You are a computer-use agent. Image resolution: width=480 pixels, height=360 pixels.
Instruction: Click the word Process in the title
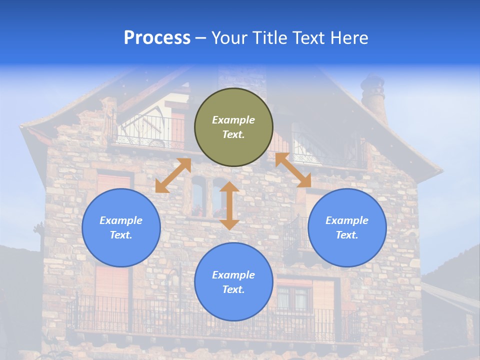click(157, 38)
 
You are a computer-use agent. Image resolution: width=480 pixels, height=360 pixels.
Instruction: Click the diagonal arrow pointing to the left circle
click(173, 175)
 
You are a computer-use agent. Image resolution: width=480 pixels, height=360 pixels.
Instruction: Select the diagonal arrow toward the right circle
click(293, 170)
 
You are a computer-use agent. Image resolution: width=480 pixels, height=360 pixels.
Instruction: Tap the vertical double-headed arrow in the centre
click(229, 205)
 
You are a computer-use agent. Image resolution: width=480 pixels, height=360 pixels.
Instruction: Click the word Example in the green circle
click(233, 120)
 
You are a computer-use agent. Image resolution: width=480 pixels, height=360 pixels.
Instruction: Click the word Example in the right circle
click(347, 220)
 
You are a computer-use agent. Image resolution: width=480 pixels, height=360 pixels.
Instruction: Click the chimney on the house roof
click(373, 97)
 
